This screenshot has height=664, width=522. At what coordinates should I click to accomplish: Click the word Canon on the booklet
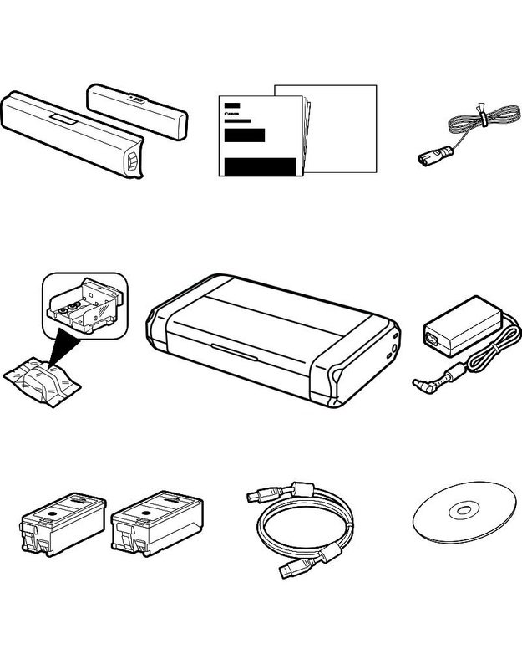pos(232,114)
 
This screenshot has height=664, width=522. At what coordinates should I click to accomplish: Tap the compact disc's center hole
pos(464,510)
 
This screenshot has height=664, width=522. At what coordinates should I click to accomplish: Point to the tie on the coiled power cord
pos(482,114)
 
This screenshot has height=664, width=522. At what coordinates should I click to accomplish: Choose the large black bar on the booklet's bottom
pos(260,166)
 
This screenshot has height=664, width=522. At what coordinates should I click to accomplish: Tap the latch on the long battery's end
pos(132,163)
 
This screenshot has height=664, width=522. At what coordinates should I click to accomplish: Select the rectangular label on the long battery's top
pos(63,120)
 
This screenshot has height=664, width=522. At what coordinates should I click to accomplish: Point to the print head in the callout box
pos(84,306)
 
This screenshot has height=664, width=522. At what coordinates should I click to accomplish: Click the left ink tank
pos(63,524)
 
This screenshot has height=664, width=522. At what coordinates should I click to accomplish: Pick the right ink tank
pos(157,524)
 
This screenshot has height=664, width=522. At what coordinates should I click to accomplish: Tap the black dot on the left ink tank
pos(53,513)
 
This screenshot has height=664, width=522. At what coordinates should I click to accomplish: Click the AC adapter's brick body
pos(463,326)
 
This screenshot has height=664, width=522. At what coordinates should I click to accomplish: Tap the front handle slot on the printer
pos(234,352)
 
